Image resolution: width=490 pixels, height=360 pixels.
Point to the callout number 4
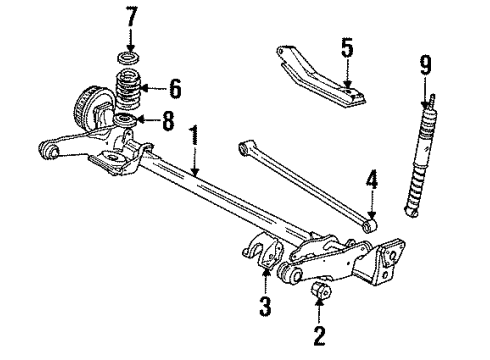point(371,182)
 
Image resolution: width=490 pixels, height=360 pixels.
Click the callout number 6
point(175,89)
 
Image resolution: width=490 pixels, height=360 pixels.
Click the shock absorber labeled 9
point(420,165)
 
